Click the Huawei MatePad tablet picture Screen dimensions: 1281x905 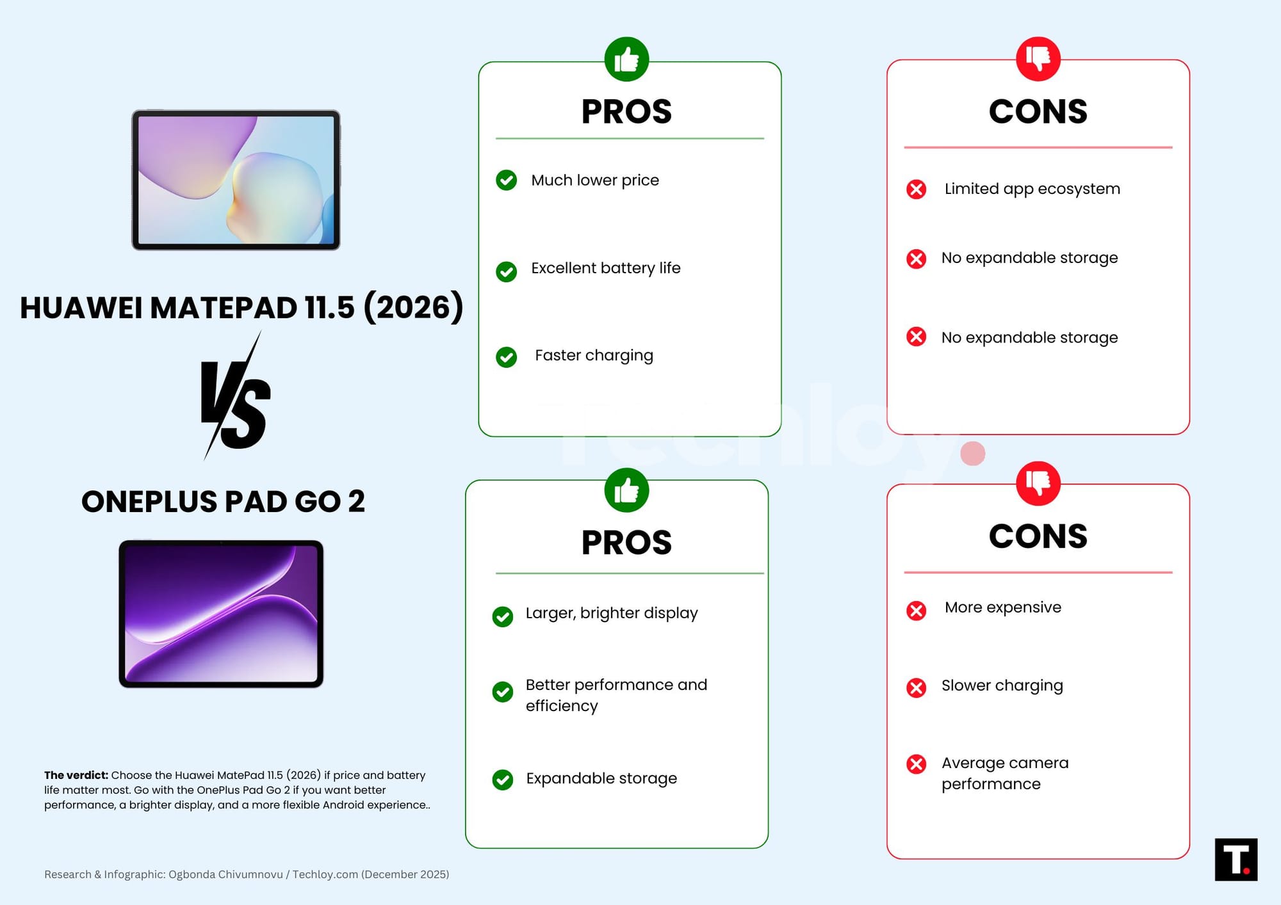236,180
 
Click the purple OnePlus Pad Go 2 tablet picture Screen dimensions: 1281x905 221,614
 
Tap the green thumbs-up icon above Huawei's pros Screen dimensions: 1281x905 626,60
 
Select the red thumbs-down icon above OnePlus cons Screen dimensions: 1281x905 1038,483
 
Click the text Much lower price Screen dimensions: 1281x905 595,180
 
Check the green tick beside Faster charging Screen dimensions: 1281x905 506,356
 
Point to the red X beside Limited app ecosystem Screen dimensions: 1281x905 916,189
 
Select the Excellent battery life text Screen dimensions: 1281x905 606,268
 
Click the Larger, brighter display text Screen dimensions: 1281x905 612,613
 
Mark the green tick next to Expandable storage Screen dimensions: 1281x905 502,780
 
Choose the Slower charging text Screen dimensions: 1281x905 1002,685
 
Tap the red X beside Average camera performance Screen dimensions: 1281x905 916,764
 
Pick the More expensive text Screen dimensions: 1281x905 1003,607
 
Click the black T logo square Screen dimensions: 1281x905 1236,860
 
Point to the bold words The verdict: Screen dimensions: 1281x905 76,775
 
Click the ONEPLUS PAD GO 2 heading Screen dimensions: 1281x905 223,501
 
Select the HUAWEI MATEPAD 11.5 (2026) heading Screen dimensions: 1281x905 241,307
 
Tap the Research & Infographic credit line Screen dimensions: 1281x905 247,874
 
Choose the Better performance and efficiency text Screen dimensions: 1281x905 616,695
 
